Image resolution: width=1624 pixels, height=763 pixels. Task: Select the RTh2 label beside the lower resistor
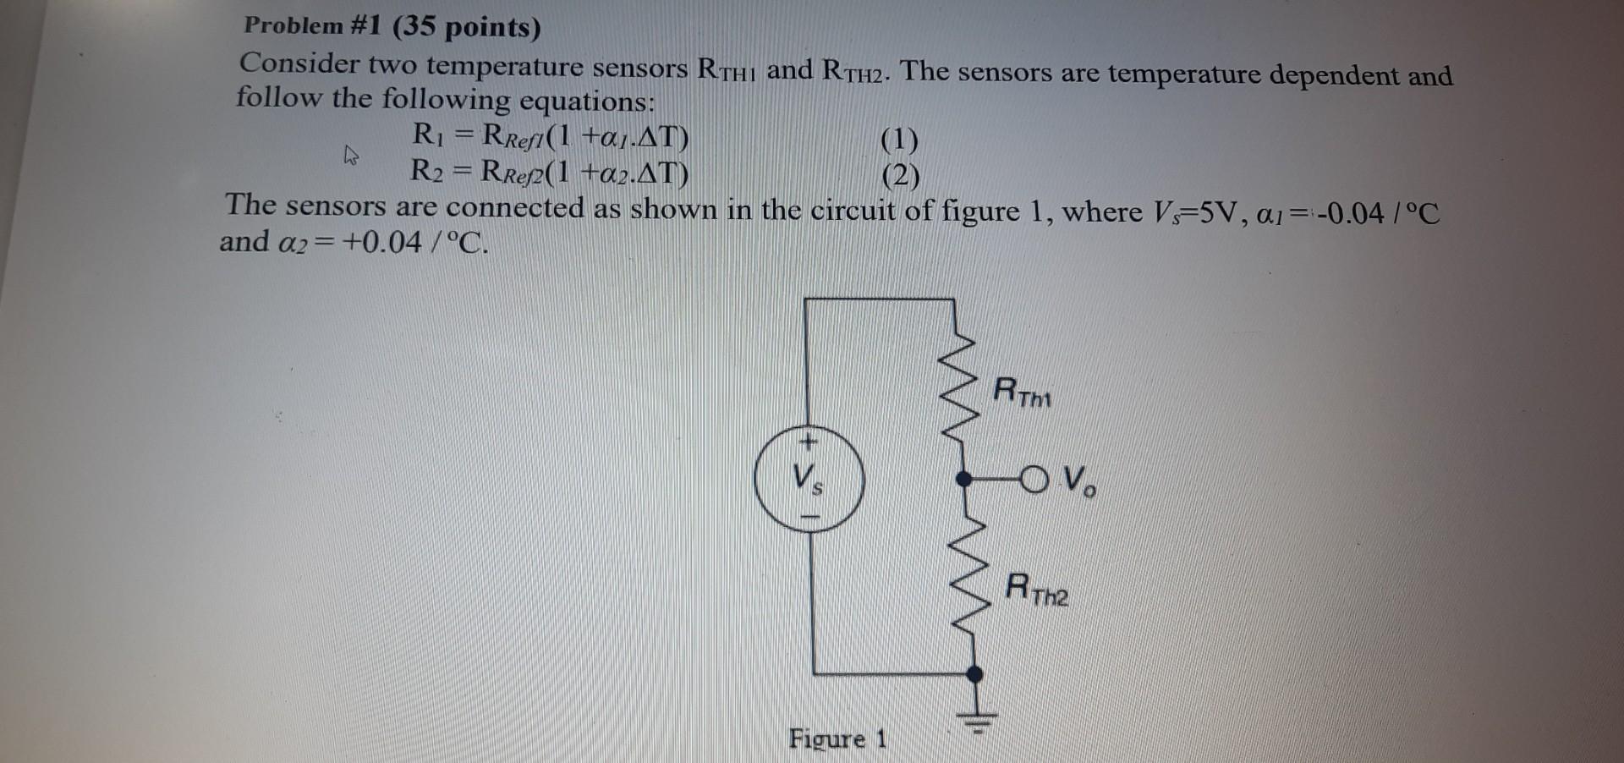tap(1037, 590)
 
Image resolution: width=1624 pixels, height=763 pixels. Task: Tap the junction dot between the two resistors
tap(963, 479)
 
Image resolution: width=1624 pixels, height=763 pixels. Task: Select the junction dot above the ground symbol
tap(975, 674)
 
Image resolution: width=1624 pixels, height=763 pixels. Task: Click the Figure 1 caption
tap(837, 738)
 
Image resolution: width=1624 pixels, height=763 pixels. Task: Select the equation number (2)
tap(900, 176)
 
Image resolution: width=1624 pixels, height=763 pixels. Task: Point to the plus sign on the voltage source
tap(808, 441)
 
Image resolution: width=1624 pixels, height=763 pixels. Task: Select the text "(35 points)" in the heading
tap(466, 28)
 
